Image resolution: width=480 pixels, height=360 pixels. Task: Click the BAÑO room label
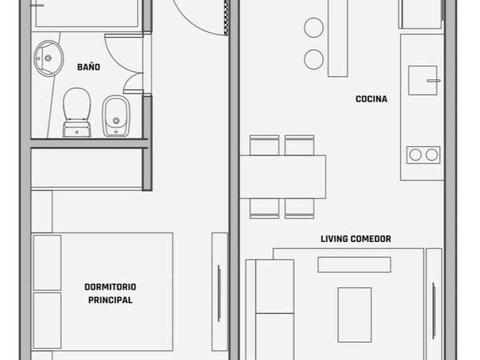point(89,67)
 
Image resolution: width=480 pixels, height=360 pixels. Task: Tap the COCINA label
point(371,99)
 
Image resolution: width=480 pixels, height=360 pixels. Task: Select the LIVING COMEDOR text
point(355,239)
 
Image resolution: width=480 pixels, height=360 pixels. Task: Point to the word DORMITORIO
point(110,287)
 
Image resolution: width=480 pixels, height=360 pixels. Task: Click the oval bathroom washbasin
point(49,58)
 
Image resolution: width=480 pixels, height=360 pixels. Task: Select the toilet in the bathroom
point(77,113)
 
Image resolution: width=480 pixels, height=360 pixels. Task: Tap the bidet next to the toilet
point(116,116)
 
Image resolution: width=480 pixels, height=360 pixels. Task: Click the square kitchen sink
point(422,80)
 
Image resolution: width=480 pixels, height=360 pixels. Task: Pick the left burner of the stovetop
point(415,155)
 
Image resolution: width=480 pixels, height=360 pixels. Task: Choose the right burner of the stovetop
point(431,155)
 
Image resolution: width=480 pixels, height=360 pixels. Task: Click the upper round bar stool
point(314,27)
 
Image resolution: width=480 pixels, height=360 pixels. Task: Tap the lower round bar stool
point(314,59)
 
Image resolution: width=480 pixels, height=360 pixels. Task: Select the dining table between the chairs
point(282,177)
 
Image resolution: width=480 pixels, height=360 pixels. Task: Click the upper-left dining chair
point(264,145)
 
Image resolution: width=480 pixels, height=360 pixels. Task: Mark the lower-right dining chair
point(299,209)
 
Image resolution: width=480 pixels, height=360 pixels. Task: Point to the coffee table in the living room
point(354,315)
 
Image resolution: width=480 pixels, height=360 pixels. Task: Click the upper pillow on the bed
point(47,263)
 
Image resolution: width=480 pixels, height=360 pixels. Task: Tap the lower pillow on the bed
point(47,321)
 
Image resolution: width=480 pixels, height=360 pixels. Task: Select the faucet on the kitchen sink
point(434,81)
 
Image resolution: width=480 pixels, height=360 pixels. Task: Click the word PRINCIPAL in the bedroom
point(110,300)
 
